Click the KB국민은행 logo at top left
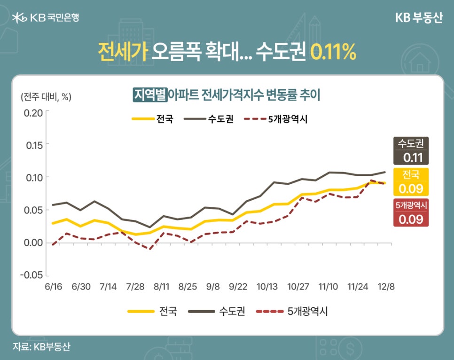click(46, 18)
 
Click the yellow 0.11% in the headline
click(334, 52)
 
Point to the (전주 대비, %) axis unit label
click(46, 97)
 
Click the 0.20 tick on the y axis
click(33, 112)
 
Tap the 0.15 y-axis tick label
click(33, 145)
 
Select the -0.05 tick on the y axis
click(31, 275)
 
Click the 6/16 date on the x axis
click(53, 286)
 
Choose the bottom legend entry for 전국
click(152, 311)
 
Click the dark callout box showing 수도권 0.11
click(411, 151)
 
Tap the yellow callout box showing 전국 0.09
click(411, 182)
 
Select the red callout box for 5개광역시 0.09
click(411, 212)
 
